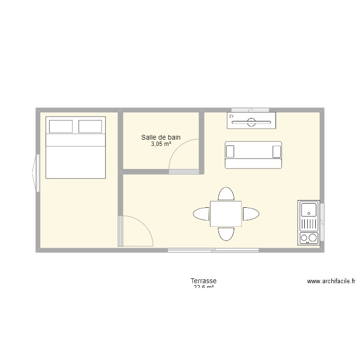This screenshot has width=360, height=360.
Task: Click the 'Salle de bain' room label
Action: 161,138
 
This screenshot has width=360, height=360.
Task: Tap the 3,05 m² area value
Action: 161,144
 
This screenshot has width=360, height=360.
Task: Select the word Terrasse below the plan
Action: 204,281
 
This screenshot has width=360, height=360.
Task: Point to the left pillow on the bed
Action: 61,126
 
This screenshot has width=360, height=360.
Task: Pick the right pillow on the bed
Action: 90,126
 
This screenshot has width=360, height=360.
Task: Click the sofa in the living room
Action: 253,155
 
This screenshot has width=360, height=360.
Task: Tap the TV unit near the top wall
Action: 252,120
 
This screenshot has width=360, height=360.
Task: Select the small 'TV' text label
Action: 231,117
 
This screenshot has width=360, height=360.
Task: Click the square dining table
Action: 226,214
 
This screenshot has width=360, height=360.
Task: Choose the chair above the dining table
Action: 226,194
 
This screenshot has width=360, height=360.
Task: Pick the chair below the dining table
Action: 226,233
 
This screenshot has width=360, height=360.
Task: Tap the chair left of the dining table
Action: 201,214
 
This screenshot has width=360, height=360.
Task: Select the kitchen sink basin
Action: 308,209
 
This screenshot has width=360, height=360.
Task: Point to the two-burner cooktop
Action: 309,238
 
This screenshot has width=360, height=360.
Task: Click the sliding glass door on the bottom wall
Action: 213,250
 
